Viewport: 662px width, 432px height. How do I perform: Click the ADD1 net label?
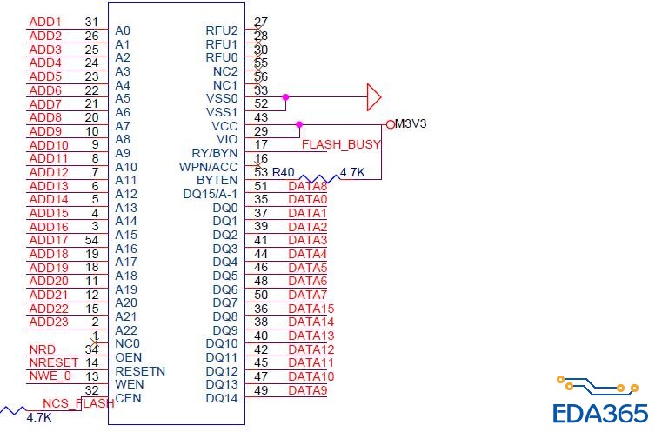click(45, 22)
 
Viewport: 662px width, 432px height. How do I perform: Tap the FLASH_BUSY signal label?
click(341, 144)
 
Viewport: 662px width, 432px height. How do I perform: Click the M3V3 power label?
click(411, 124)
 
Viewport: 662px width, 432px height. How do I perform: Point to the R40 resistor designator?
click(284, 172)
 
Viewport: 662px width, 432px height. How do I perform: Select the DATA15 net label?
click(311, 309)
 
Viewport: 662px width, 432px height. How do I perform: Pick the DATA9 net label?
click(307, 390)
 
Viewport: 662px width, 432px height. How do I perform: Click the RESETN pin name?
click(140, 371)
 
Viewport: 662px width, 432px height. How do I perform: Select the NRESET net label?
click(48, 362)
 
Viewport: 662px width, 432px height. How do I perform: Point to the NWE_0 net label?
click(49, 376)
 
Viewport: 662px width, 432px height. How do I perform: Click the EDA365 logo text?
click(600, 412)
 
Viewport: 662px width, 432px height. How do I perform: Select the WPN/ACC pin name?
click(209, 167)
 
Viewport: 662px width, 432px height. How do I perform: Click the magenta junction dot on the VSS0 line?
click(284, 96)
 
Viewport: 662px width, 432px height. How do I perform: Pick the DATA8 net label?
click(307, 186)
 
